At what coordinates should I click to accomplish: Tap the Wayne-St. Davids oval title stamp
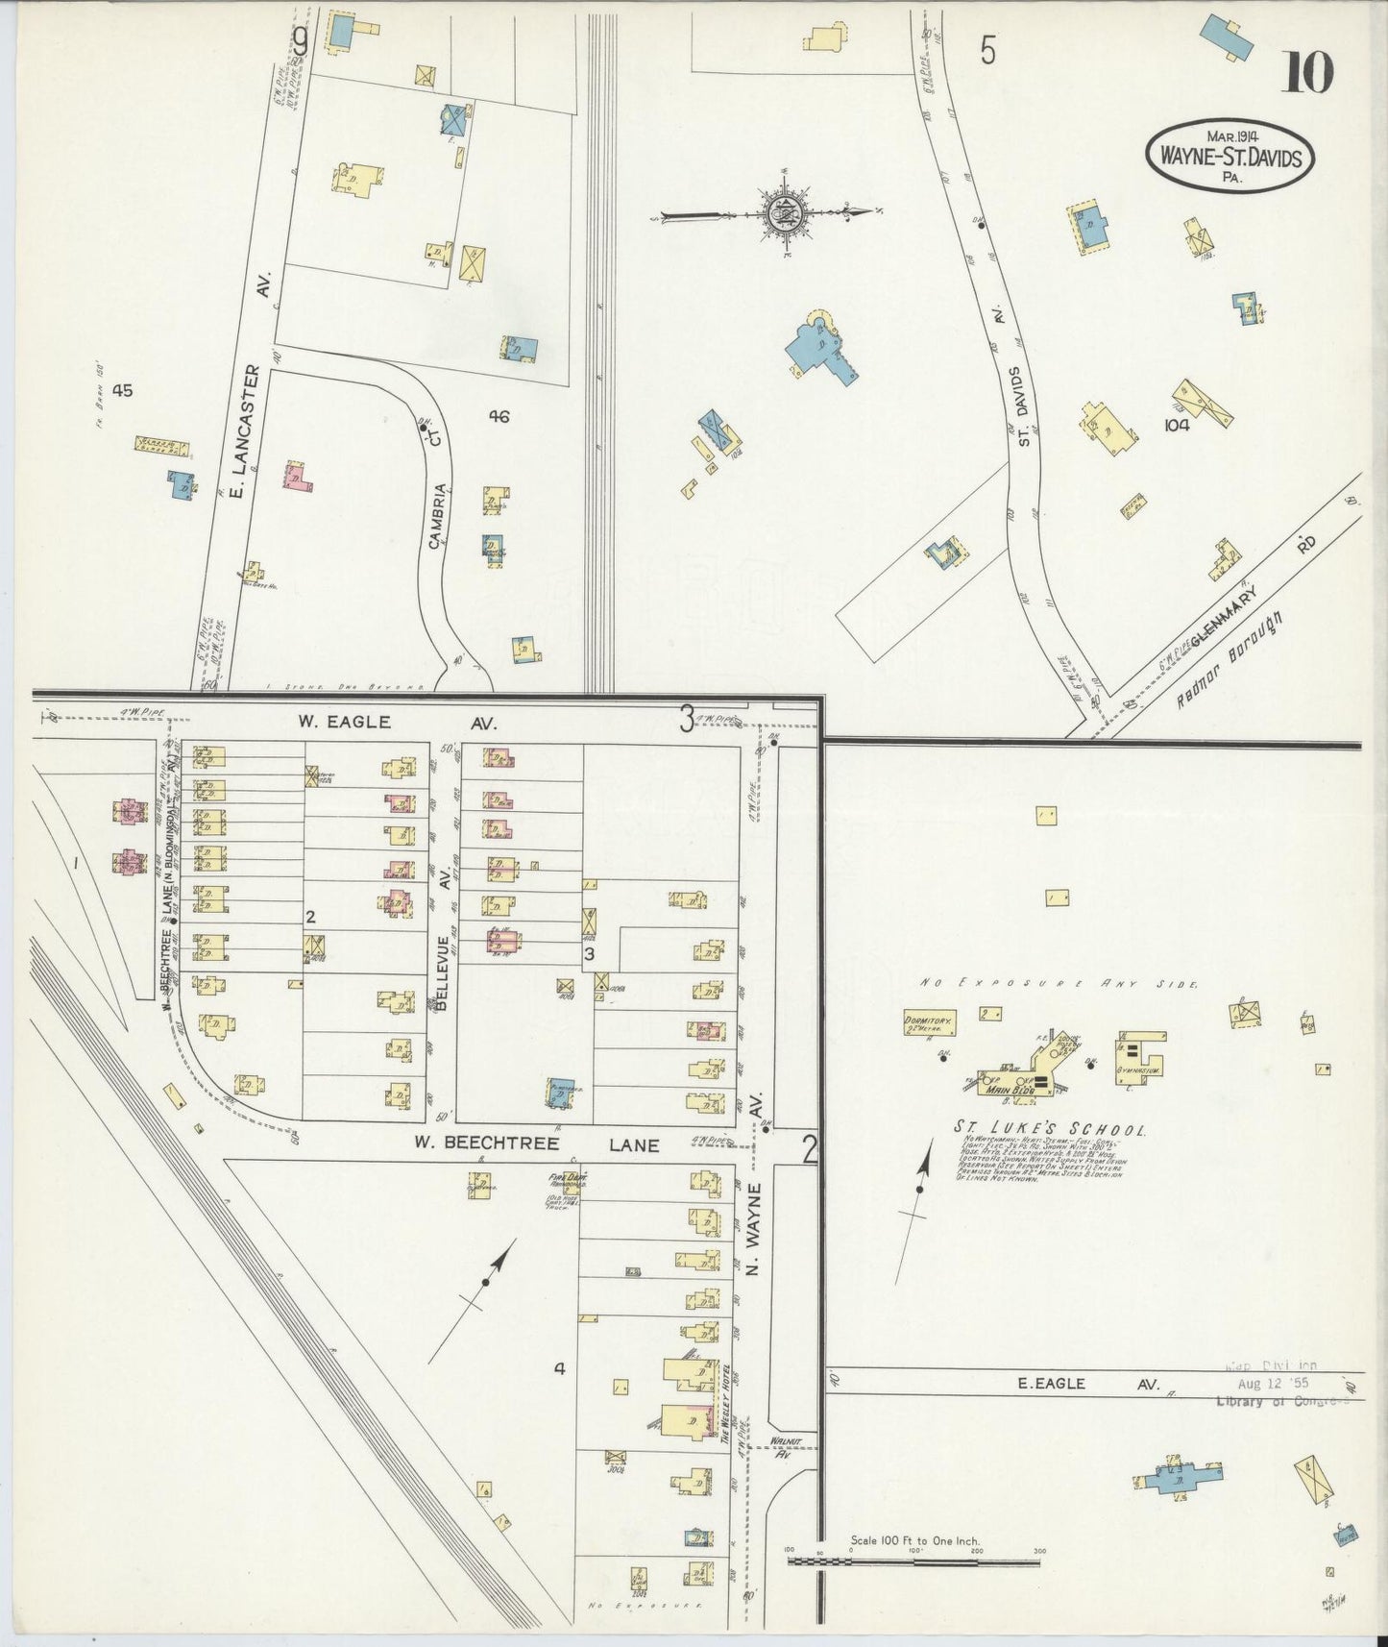pyautogui.click(x=1229, y=157)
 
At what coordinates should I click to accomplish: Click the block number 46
pyautogui.click(x=498, y=416)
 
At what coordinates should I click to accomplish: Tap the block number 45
pyautogui.click(x=121, y=390)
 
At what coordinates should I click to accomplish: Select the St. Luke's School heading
pyautogui.click(x=1048, y=1129)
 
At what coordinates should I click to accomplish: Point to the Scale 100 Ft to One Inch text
pyautogui.click(x=914, y=1540)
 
